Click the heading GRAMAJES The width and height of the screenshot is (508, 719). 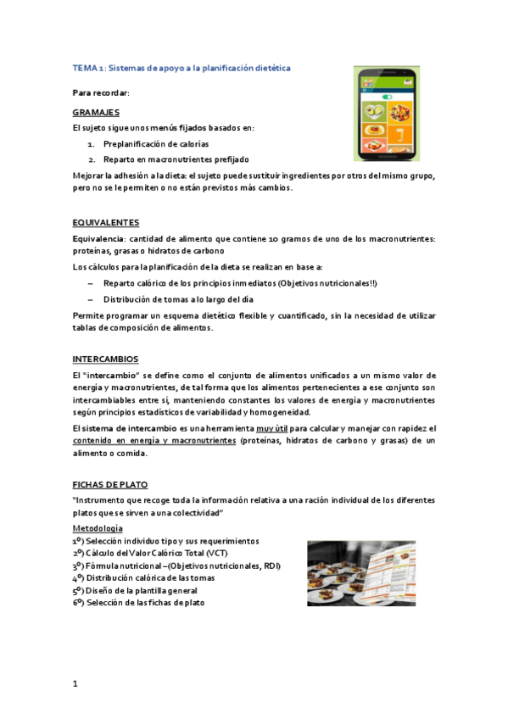pos(95,112)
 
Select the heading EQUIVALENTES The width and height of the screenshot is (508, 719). pos(105,222)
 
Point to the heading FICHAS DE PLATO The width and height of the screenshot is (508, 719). pos(109,484)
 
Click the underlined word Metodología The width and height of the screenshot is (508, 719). pos(98,528)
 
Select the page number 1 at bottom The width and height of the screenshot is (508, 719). pos(75,683)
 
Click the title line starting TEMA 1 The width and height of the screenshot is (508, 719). pos(181,67)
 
